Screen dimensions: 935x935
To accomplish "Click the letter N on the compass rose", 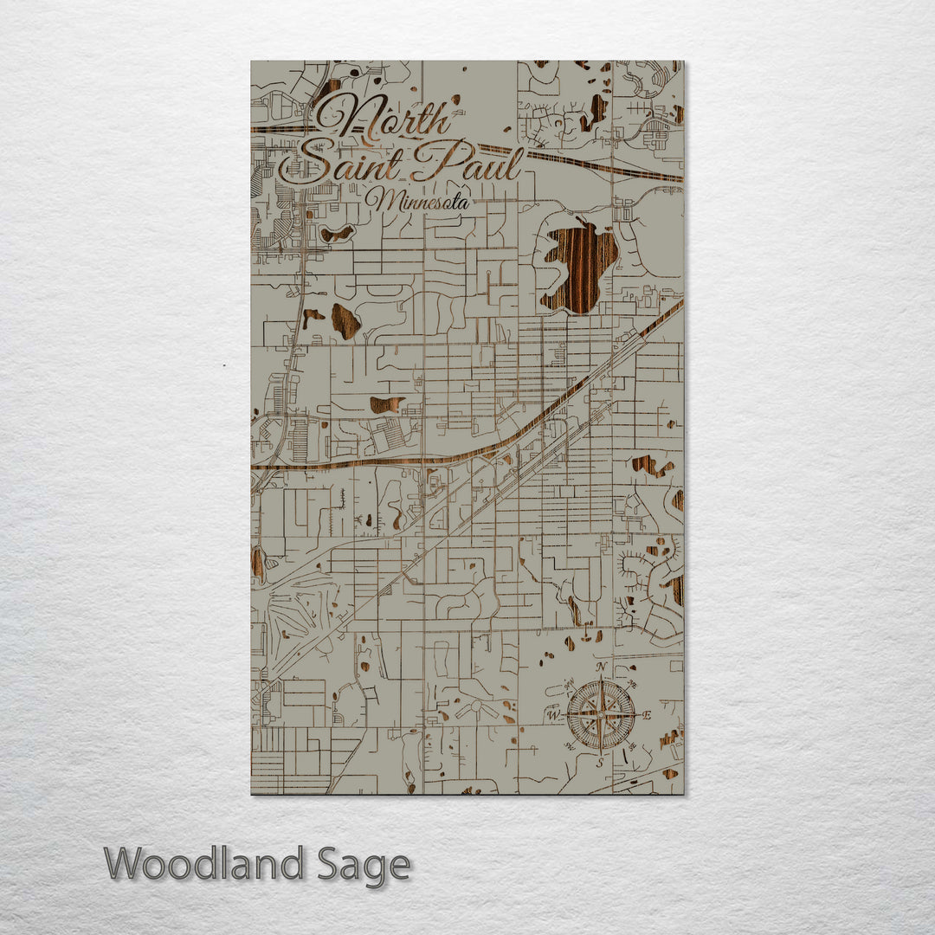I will pyautogui.click(x=601, y=667).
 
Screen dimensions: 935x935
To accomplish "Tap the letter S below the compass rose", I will pyautogui.click(x=599, y=763).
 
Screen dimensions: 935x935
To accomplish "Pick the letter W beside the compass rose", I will pyautogui.click(x=552, y=715).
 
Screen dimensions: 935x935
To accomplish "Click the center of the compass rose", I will pyautogui.click(x=600, y=715).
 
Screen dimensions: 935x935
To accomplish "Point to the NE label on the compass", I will pyautogui.click(x=632, y=684).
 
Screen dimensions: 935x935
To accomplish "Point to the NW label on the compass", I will pyautogui.click(x=569, y=685).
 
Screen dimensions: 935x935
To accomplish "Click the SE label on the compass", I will pyautogui.click(x=632, y=746).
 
